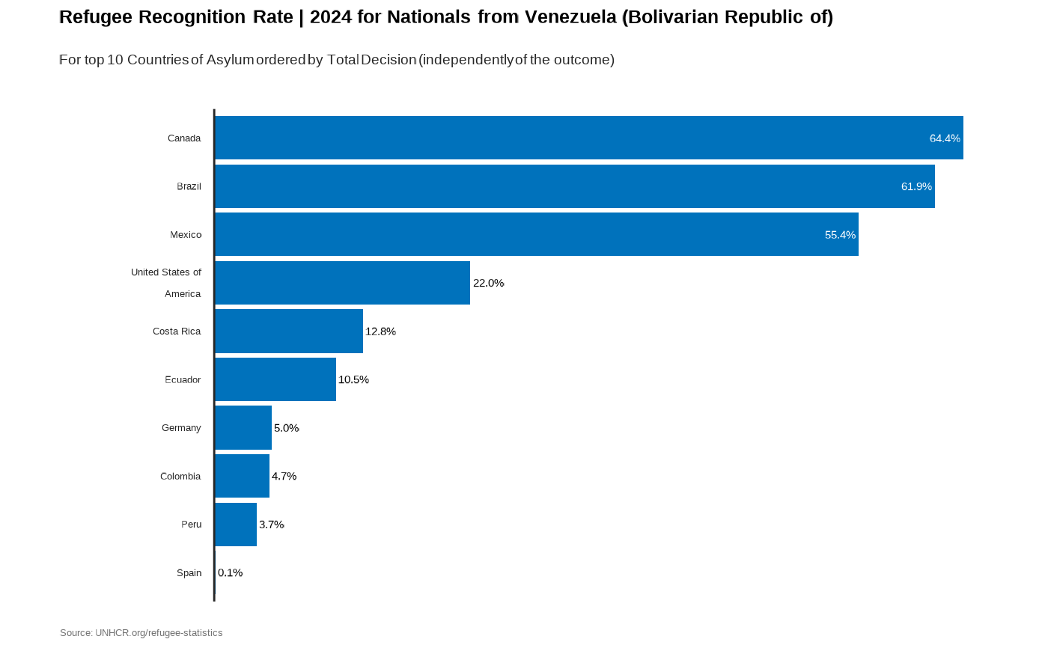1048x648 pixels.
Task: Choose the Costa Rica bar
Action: click(x=288, y=331)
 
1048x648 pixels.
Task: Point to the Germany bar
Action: click(x=243, y=428)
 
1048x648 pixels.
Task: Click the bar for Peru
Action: click(x=235, y=525)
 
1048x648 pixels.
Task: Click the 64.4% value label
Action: click(x=945, y=138)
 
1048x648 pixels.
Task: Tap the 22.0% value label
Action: click(x=489, y=283)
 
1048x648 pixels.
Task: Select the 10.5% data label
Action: click(x=353, y=379)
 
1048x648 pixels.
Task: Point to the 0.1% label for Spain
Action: click(x=231, y=572)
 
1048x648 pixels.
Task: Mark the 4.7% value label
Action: click(x=284, y=476)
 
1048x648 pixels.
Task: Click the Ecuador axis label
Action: click(x=183, y=379)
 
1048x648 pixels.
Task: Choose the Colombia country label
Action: click(x=180, y=476)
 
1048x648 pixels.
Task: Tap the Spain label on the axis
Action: click(x=189, y=572)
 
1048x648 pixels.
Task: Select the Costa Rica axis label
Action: click(x=177, y=331)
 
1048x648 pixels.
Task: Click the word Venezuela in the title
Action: click(x=570, y=17)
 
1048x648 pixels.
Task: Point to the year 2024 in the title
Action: click(x=331, y=17)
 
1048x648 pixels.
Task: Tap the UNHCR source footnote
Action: click(x=141, y=633)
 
